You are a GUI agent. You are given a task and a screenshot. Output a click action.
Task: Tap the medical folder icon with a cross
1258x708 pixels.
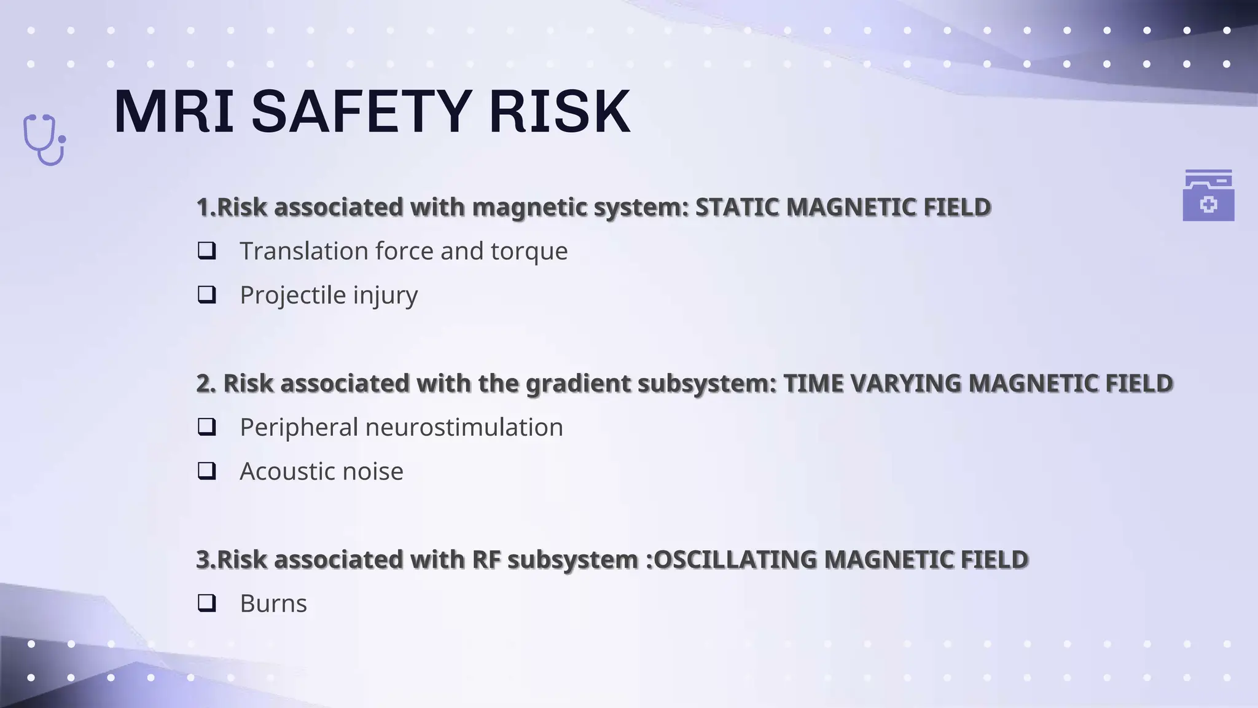(x=1208, y=195)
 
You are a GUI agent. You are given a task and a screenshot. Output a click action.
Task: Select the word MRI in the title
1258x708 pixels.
(x=174, y=112)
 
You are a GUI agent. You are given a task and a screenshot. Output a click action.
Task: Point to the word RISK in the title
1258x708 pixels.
(x=560, y=112)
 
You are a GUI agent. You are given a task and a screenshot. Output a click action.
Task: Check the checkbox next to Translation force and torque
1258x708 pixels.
(x=207, y=251)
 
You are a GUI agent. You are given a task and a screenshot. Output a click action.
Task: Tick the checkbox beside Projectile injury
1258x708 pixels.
(x=207, y=295)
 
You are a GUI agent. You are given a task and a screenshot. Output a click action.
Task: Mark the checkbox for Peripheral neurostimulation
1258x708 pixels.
(x=207, y=427)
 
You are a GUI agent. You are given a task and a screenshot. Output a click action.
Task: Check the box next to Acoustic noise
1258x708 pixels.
(x=207, y=471)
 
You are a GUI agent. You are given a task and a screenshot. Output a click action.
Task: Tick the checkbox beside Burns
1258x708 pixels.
(x=207, y=604)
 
